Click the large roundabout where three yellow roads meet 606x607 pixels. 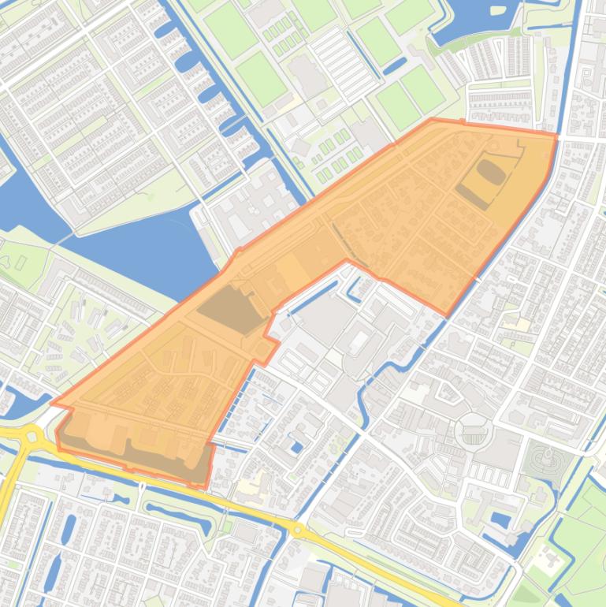32,435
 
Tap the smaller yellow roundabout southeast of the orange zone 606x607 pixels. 298,530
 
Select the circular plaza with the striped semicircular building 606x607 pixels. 474,430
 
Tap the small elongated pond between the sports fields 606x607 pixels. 395,67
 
